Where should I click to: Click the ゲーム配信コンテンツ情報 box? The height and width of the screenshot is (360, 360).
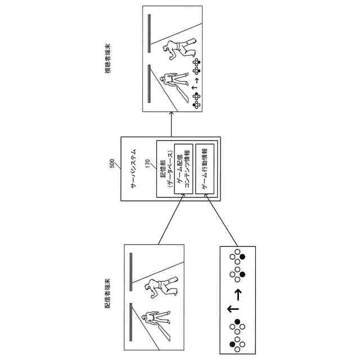(183, 169)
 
